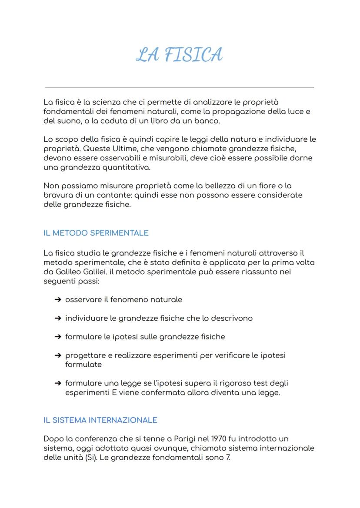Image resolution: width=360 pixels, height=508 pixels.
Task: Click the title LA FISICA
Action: pyautogui.click(x=179, y=55)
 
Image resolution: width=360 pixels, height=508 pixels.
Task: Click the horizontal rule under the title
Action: pyautogui.click(x=179, y=88)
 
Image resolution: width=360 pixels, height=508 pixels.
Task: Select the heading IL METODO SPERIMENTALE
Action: pyautogui.click(x=96, y=233)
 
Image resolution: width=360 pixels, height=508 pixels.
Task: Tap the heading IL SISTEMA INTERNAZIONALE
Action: pyautogui.click(x=100, y=420)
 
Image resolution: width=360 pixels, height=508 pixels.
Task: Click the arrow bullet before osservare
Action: pyautogui.click(x=57, y=300)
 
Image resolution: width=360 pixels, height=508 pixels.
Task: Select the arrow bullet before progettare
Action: pyautogui.click(x=57, y=355)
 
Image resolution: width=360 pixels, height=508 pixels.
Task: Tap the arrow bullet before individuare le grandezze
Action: pyautogui.click(x=57, y=319)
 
